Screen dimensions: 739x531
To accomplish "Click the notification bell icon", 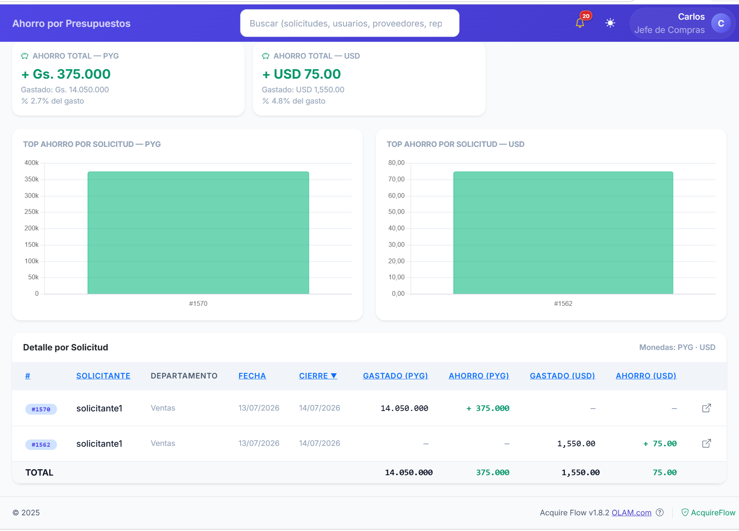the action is [x=580, y=23].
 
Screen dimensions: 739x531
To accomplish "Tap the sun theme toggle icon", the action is [x=610, y=23].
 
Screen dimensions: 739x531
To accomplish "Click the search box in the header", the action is [x=349, y=23].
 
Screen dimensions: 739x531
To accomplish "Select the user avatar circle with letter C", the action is [x=721, y=23].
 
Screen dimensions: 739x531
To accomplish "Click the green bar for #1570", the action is [x=198, y=233].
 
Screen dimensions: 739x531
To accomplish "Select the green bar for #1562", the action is [x=563, y=233].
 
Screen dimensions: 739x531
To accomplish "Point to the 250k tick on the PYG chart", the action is [x=32, y=212].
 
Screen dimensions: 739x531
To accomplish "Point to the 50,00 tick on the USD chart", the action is [x=396, y=212].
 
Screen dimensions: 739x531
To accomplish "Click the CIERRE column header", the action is [x=318, y=376].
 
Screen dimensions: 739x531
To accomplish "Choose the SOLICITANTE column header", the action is [x=103, y=376].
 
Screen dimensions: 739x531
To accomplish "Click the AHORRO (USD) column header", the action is [x=646, y=376].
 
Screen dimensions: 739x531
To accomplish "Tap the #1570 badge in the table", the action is [x=41, y=409].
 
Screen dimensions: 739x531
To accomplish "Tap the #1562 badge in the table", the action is [x=41, y=444].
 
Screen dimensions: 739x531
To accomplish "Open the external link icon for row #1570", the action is [x=706, y=408].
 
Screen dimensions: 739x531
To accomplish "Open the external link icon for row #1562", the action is [x=706, y=444].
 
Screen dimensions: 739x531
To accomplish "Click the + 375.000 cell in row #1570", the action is [x=488, y=408].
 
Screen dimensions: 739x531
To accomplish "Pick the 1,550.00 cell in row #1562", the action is [x=576, y=444].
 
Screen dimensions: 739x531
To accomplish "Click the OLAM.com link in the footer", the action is [x=631, y=513].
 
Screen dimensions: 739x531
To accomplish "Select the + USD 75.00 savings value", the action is [x=301, y=74].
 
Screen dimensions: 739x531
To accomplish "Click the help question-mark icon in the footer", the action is [x=659, y=512].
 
